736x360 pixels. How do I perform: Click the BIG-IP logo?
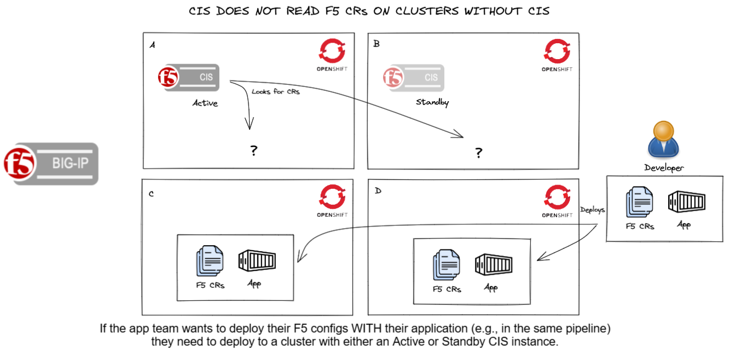tap(51, 163)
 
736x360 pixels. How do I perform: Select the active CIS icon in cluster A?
tap(188, 78)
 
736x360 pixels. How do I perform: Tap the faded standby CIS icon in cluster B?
tap(413, 78)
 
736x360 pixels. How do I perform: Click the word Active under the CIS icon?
tap(205, 103)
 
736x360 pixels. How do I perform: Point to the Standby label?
tap(432, 102)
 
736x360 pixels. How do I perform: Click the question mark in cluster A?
tap(253, 151)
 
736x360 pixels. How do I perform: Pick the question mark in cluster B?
tap(478, 153)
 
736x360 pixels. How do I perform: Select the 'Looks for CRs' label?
tap(276, 91)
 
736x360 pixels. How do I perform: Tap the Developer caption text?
tap(664, 168)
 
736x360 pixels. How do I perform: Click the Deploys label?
tap(592, 210)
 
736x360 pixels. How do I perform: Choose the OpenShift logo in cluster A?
tap(332, 55)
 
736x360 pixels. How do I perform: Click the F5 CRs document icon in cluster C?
tap(210, 262)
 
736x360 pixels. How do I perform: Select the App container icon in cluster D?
tap(494, 265)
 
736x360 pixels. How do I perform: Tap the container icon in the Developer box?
tap(686, 202)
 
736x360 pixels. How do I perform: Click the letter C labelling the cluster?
tap(152, 193)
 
